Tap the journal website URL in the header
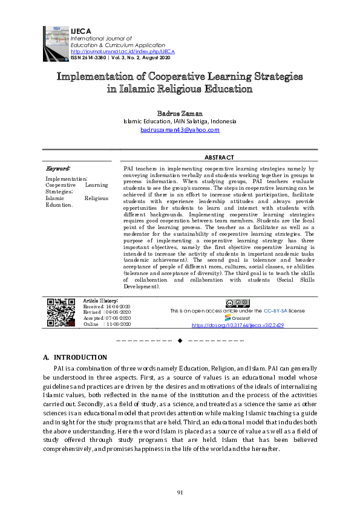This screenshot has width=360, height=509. coord(119,51)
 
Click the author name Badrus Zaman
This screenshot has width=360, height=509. coord(180,113)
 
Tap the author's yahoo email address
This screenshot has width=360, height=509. coord(180,129)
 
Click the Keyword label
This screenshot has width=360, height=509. coord(58,167)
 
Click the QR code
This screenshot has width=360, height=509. coord(61,313)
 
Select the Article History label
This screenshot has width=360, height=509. coord(100,300)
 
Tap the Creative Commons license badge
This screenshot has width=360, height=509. coord(237,303)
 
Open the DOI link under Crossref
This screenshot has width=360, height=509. coord(237,325)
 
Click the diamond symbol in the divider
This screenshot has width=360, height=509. coord(179,342)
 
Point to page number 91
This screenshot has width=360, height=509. coord(180,493)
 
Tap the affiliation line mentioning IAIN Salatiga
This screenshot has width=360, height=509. coord(180,121)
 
